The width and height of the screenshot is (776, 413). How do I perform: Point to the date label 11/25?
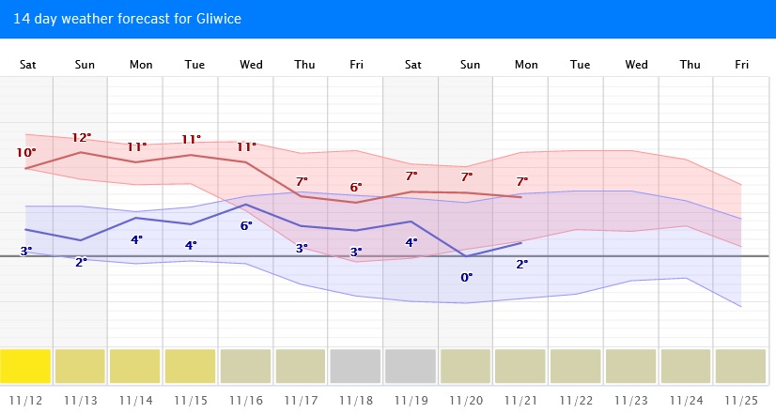point(741,399)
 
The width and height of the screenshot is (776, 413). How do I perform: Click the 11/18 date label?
point(356,399)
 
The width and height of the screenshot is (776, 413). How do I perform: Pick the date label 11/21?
point(521,399)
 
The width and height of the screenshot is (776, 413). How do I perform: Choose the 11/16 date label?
point(246,399)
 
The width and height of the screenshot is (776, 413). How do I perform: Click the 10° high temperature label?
point(26,153)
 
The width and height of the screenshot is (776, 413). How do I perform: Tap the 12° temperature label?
point(82,137)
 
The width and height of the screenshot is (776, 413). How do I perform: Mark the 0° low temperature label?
point(466,277)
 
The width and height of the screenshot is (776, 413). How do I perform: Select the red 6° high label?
point(356,187)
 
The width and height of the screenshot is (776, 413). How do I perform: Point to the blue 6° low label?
point(246,225)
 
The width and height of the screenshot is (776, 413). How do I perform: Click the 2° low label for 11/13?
point(82,262)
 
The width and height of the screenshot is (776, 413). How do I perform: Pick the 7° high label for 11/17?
point(302,181)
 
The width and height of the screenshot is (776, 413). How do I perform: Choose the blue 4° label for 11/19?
point(411,242)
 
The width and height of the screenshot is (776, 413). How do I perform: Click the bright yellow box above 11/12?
point(26,366)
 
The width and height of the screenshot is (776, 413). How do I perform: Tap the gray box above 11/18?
point(356,366)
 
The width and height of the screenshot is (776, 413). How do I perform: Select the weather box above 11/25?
point(741,366)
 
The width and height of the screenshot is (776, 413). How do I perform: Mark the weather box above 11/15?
point(191,366)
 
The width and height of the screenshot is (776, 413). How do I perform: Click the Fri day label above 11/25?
point(742,65)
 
